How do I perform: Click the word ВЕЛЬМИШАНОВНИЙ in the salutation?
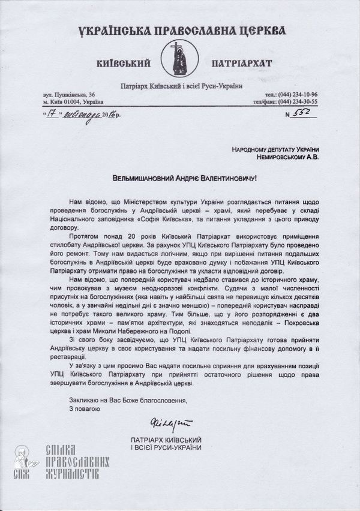point(145,178)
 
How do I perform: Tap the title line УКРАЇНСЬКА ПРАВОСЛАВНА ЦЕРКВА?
point(181,31)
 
